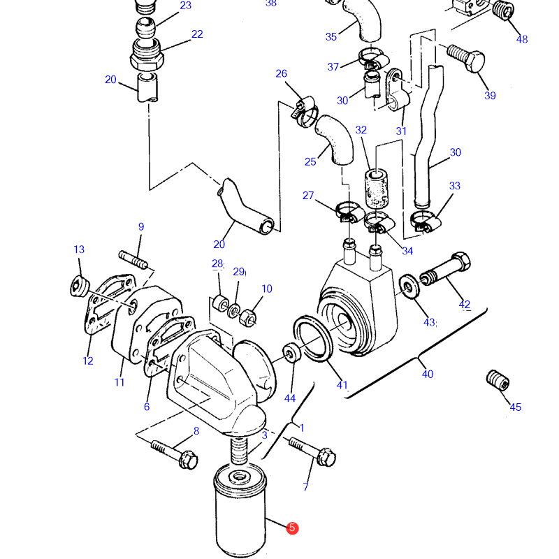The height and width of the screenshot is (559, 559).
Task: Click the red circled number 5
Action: [x=292, y=528]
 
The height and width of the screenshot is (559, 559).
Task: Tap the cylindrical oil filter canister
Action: [x=240, y=511]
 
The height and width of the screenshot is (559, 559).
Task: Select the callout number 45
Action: [x=516, y=407]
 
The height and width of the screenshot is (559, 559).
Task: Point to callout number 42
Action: [x=464, y=305]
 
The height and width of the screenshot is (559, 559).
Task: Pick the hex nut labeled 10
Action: [x=247, y=317]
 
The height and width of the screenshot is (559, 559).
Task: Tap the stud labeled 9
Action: [x=133, y=260]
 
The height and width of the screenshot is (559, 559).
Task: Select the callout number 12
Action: [x=88, y=361]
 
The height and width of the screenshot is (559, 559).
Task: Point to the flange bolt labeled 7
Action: [x=312, y=451]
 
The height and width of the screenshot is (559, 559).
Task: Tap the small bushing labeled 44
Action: [x=292, y=352]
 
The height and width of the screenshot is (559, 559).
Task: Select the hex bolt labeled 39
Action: [x=466, y=58]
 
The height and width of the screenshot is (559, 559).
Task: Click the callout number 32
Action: [x=361, y=130]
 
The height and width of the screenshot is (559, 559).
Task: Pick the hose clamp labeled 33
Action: [x=426, y=221]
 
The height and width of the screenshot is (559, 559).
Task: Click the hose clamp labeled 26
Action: [x=305, y=112]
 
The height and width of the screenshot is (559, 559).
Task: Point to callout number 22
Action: [x=197, y=34]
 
